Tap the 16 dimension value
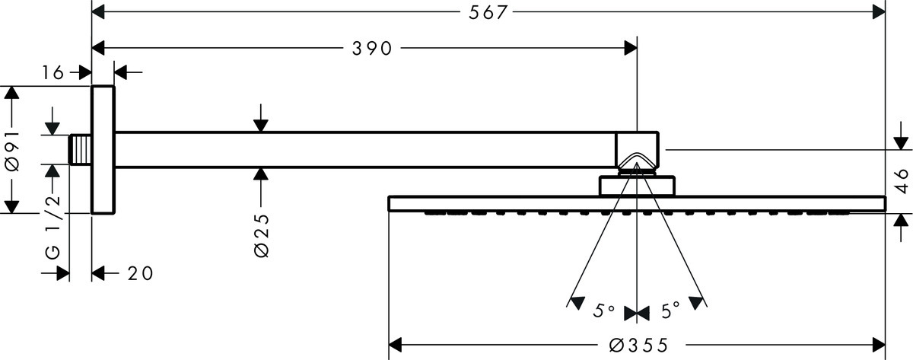(x=52, y=72)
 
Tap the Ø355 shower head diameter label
(x=638, y=346)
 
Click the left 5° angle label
(x=604, y=311)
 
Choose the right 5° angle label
(x=670, y=311)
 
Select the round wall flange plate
(x=103, y=150)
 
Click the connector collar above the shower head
(x=638, y=186)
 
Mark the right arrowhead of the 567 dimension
(x=880, y=13)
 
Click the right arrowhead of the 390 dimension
(x=629, y=49)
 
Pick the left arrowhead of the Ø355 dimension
(x=396, y=346)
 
